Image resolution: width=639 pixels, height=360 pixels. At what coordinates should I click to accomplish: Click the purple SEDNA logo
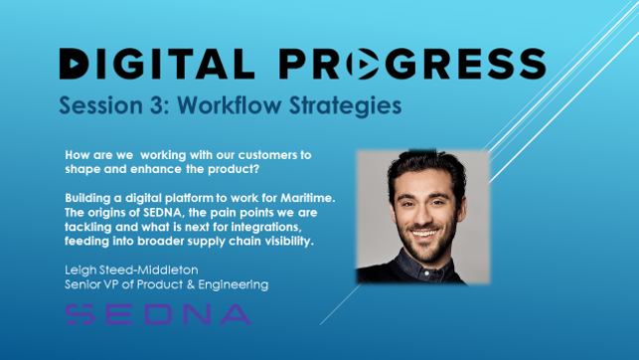click(158, 314)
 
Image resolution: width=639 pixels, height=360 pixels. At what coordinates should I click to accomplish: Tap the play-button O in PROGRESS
click(363, 64)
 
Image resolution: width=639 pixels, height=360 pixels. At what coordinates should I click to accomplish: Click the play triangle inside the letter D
click(74, 64)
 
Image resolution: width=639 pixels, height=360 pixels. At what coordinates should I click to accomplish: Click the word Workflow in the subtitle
click(229, 105)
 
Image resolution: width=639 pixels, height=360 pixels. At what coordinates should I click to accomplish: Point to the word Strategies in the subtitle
click(346, 106)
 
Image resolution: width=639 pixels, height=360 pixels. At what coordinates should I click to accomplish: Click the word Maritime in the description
click(308, 198)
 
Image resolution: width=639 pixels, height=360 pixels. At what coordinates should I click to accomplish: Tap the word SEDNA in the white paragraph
click(164, 213)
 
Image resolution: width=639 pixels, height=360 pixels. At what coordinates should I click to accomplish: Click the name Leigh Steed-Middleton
click(131, 270)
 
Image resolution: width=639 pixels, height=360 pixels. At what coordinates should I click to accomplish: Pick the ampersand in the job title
click(191, 284)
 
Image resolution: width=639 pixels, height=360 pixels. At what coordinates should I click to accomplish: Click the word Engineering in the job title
click(234, 285)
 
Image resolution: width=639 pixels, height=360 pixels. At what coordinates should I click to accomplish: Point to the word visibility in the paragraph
click(289, 241)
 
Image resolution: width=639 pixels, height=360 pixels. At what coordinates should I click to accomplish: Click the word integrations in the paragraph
click(266, 227)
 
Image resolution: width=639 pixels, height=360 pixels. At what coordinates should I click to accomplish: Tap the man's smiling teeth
click(424, 234)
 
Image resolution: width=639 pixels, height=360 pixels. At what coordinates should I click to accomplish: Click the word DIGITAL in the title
click(157, 64)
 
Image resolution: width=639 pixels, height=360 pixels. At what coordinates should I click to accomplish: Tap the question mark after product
click(256, 169)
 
